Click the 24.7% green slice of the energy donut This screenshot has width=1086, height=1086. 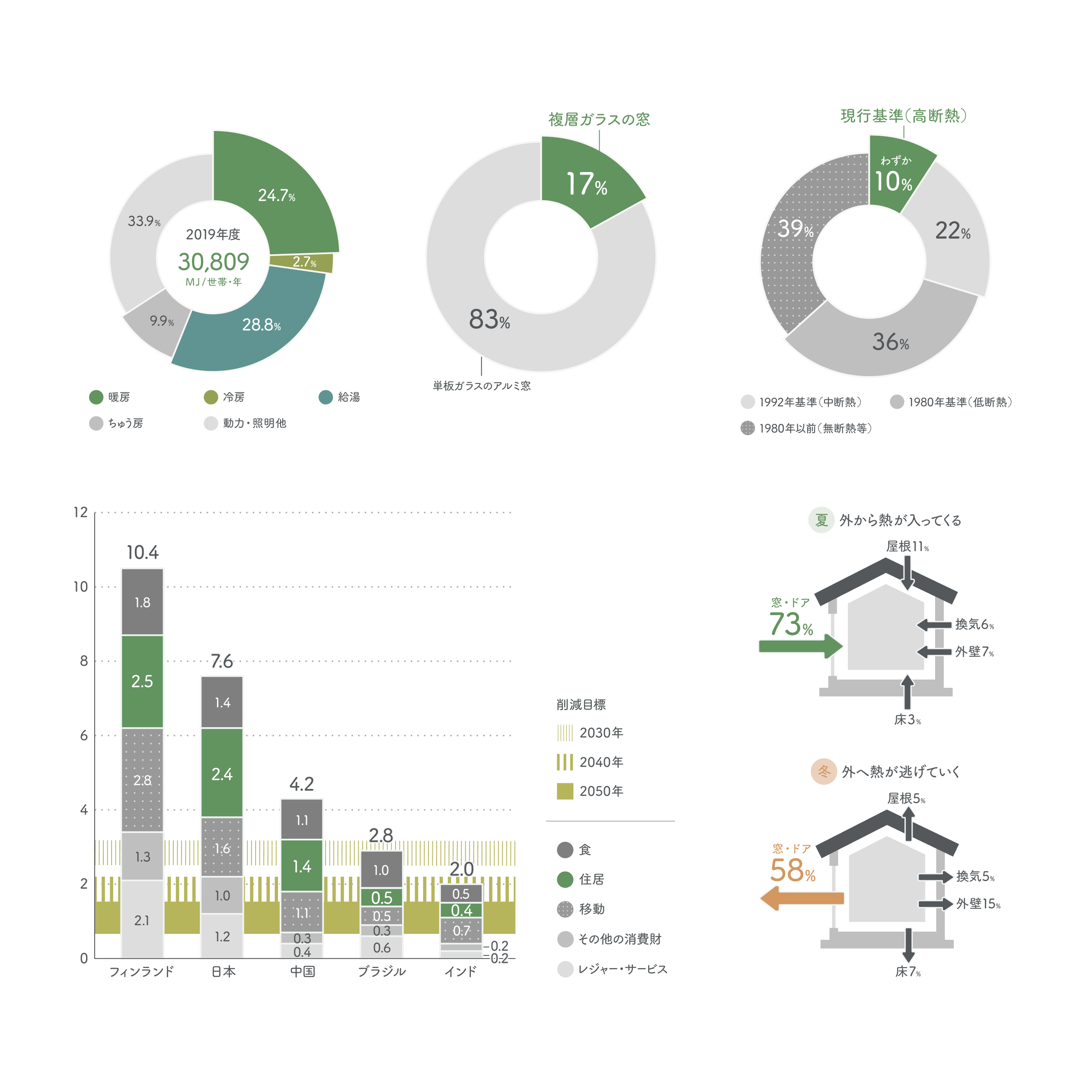pyautogui.click(x=275, y=191)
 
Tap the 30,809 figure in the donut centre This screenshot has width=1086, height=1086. pyautogui.click(x=214, y=262)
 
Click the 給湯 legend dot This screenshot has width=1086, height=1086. pyautogui.click(x=326, y=397)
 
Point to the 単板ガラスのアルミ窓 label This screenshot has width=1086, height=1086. pyautogui.click(x=481, y=386)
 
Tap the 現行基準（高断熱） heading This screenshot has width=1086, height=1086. pyautogui.click(x=903, y=116)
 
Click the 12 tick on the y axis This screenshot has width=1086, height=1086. pyautogui.click(x=81, y=512)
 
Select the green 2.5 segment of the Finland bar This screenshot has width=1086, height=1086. pyautogui.click(x=142, y=681)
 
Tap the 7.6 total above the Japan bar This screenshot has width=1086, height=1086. pyautogui.click(x=222, y=661)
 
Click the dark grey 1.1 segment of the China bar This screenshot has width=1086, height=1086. pyautogui.click(x=302, y=820)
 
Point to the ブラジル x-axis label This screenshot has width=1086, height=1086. pyautogui.click(x=382, y=971)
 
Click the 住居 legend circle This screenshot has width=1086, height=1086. pyautogui.click(x=565, y=879)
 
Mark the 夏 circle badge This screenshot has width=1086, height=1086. pyautogui.click(x=821, y=520)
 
